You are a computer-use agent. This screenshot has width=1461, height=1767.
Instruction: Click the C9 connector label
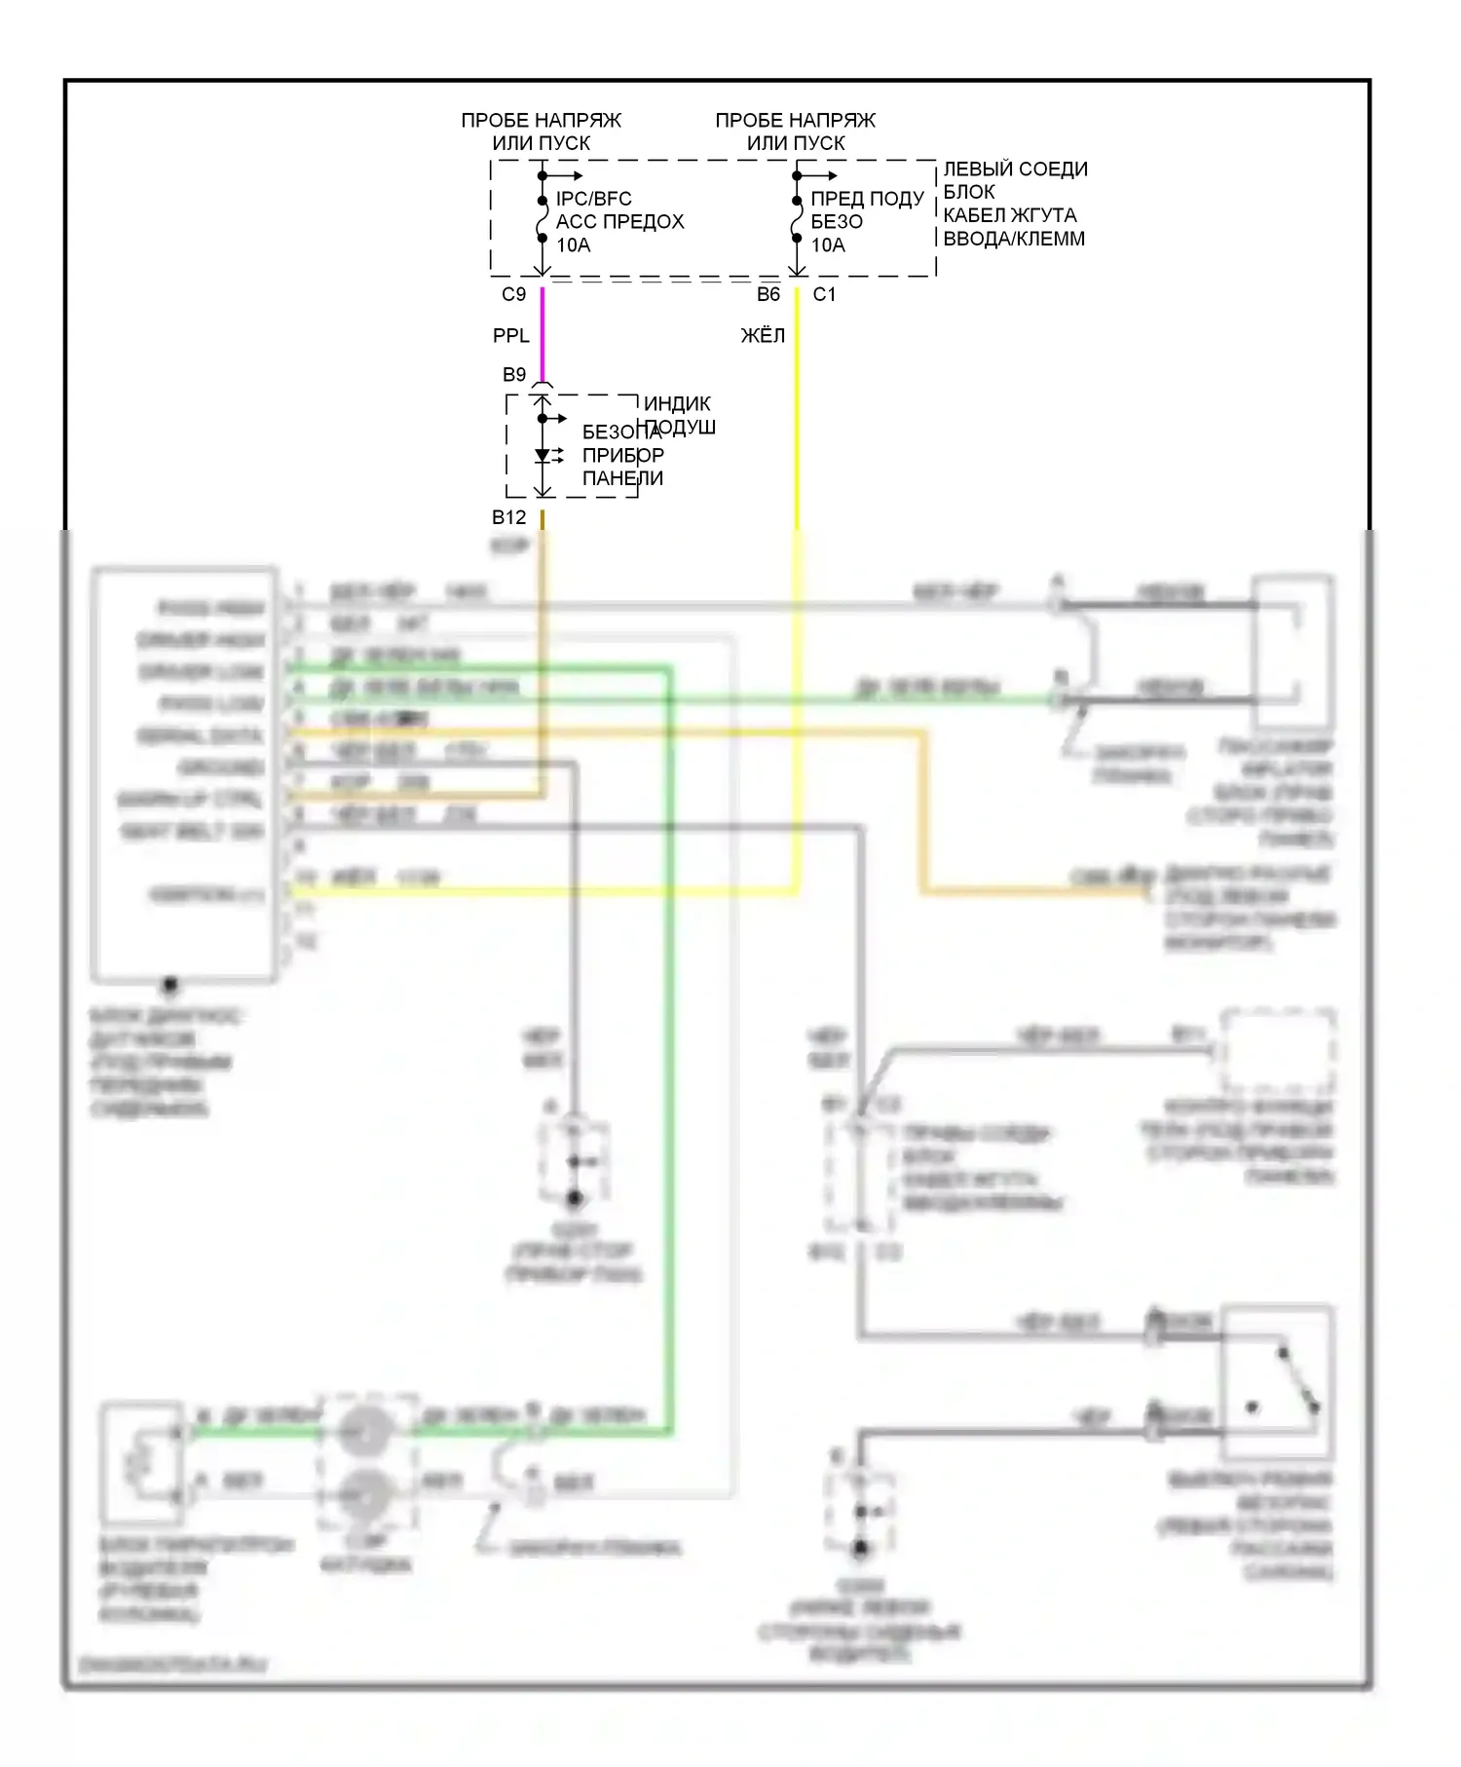tap(513, 294)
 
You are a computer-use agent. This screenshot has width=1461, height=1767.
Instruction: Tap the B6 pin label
tap(768, 294)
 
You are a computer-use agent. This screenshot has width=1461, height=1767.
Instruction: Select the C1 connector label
tap(824, 294)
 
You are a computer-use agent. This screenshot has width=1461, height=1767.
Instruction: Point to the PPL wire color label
tap(510, 336)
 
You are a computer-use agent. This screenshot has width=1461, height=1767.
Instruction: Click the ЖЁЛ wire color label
tap(763, 336)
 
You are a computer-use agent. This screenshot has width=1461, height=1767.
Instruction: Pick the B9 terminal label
tap(513, 375)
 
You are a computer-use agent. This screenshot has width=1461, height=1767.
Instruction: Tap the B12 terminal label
tap(508, 517)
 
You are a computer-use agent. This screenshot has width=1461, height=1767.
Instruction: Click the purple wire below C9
tap(543, 331)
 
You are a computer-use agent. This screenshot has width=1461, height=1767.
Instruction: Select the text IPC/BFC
tap(593, 199)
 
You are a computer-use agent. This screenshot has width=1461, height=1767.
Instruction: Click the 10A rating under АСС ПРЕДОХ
tap(573, 245)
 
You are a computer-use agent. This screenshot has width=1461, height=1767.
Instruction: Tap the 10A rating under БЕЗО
tap(828, 245)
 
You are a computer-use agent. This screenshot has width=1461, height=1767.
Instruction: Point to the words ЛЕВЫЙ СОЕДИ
tap(1015, 169)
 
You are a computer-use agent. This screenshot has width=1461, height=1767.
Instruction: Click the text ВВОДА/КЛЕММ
tap(1014, 239)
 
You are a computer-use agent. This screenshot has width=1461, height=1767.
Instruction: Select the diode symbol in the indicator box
tap(543, 455)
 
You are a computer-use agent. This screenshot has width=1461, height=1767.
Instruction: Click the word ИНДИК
tap(677, 403)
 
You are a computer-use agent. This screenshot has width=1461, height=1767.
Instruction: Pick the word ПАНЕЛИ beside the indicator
tap(622, 478)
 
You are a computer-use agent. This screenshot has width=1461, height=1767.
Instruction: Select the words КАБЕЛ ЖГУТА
tap(1010, 215)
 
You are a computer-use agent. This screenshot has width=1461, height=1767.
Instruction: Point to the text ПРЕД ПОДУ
tap(867, 199)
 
